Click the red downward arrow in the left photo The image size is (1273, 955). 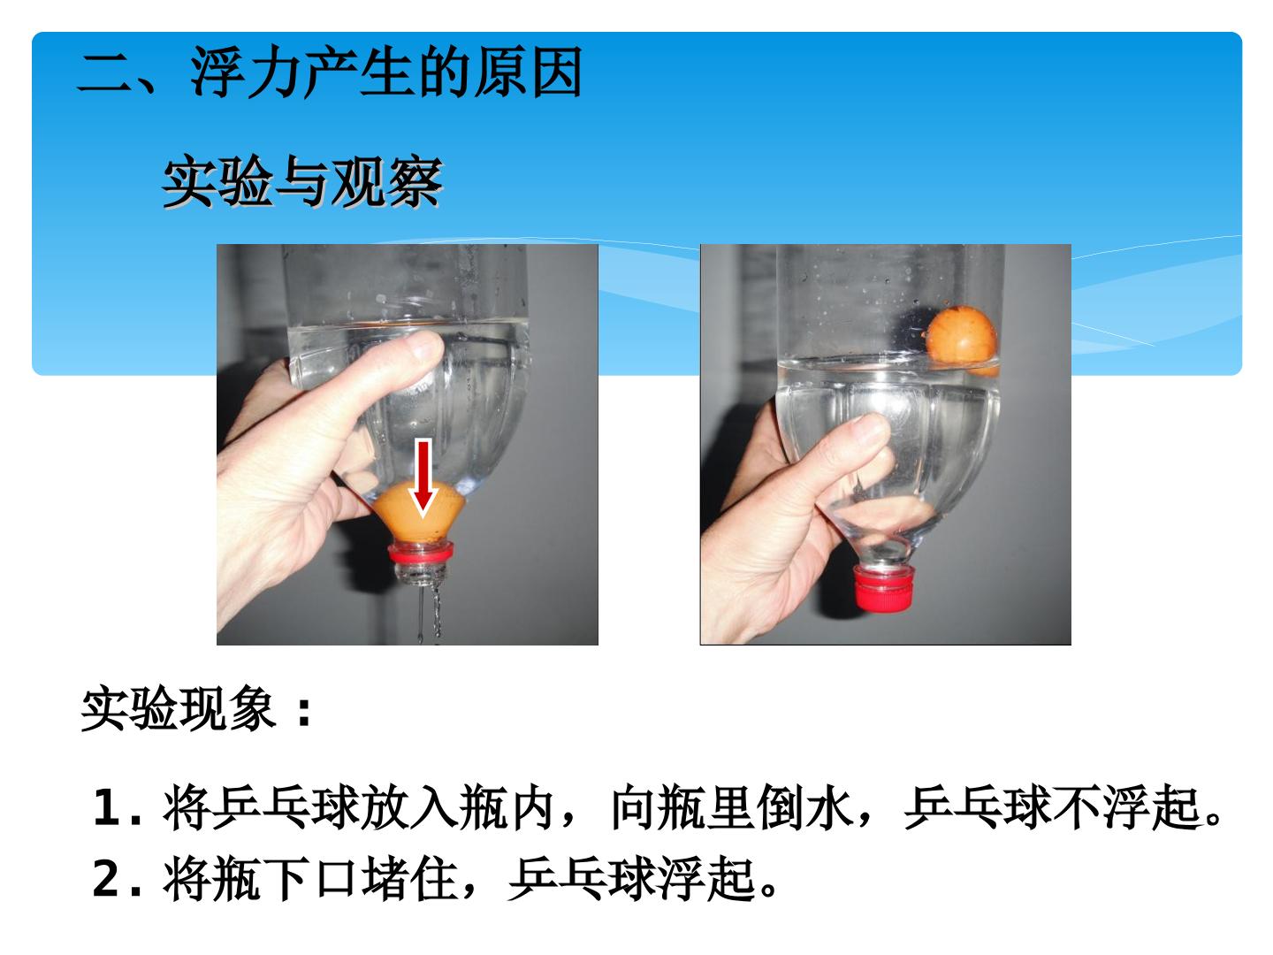pyautogui.click(x=423, y=477)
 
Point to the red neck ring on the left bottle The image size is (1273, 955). pyautogui.click(x=421, y=552)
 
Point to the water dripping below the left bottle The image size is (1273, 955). pyautogui.click(x=428, y=615)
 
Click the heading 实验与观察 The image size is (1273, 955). pyautogui.click(x=302, y=181)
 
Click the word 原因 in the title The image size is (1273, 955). pyautogui.click(x=528, y=73)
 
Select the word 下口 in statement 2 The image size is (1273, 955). pyautogui.click(x=309, y=879)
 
